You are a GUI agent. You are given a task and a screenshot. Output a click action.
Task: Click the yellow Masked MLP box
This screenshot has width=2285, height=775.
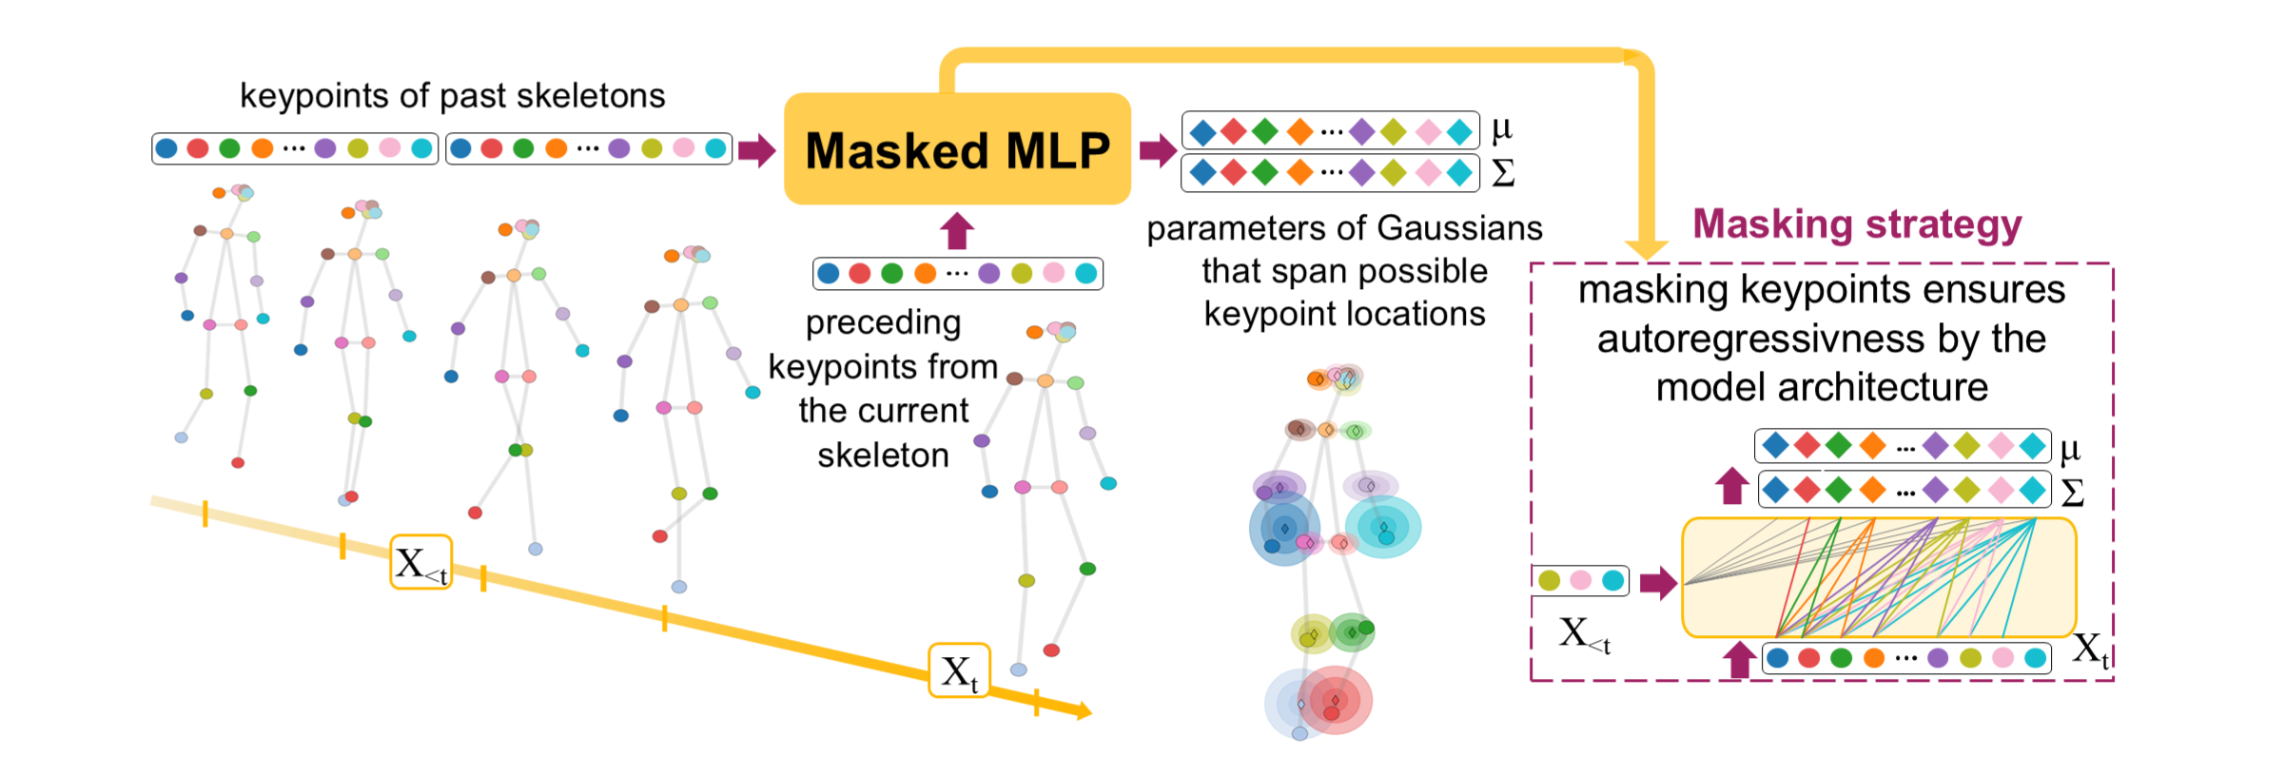pos(957,149)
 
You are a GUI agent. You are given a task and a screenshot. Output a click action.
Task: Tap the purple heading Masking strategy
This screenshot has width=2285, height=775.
pos(1856,224)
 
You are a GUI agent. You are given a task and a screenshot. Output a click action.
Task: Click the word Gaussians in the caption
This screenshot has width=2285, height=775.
pos(1459,228)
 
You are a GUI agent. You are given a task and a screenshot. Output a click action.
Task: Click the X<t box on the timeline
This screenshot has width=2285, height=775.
pos(420,563)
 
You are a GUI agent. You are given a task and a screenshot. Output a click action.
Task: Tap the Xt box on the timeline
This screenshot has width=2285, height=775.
pos(959,671)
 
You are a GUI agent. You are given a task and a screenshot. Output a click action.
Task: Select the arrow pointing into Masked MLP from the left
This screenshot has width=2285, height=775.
pos(756,149)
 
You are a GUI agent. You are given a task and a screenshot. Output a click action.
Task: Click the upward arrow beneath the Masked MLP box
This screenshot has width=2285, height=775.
pos(957,231)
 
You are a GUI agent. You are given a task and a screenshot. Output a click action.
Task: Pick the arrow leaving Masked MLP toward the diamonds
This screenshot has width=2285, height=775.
pos(1157,149)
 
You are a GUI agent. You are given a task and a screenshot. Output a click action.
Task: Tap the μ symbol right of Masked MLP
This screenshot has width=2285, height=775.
pos(1502,127)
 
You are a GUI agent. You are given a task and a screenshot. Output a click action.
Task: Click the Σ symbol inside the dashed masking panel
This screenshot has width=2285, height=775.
pos(2072,492)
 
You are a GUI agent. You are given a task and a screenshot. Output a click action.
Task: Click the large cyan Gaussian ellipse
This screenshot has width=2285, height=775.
pos(1383,526)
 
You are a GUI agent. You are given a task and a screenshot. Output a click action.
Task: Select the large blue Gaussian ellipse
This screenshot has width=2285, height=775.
pos(1284,530)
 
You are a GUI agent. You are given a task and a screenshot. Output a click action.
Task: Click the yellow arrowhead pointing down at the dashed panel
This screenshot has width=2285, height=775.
pos(1646,248)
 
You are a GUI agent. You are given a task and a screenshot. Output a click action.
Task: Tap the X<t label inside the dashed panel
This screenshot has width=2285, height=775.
pos(1584,633)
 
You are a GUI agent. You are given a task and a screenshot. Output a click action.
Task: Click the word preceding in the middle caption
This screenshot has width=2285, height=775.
pos(883,323)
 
